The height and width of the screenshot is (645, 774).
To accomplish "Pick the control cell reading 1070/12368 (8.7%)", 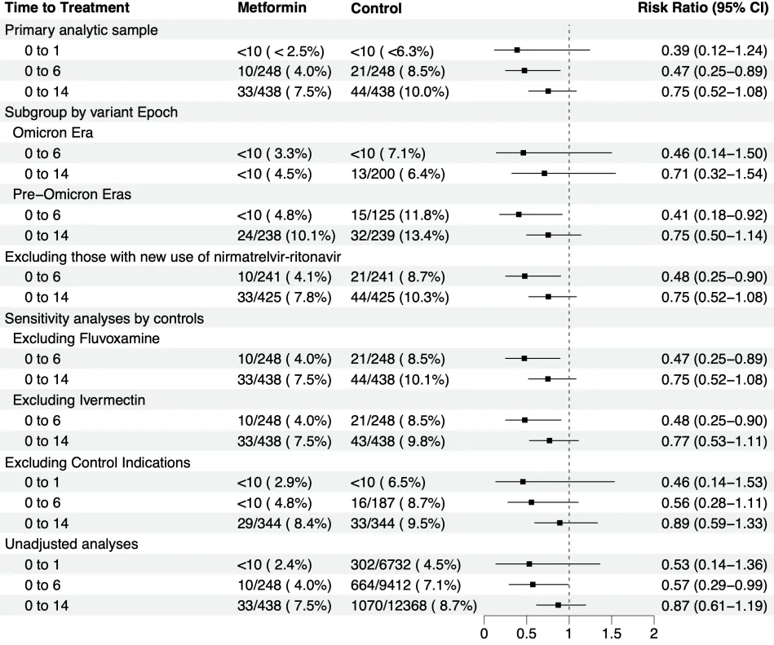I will [x=414, y=606].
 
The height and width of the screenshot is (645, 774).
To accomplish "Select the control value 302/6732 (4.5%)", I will [x=405, y=564].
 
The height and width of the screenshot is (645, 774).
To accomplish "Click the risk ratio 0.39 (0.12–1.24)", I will [x=714, y=51].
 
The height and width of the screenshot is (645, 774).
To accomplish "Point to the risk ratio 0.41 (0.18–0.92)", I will [x=714, y=215].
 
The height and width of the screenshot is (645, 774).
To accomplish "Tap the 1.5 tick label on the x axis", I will [x=612, y=634].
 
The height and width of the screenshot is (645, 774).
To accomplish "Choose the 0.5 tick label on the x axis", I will [x=527, y=634].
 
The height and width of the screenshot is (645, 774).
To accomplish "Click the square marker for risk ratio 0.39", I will [x=518, y=51].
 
